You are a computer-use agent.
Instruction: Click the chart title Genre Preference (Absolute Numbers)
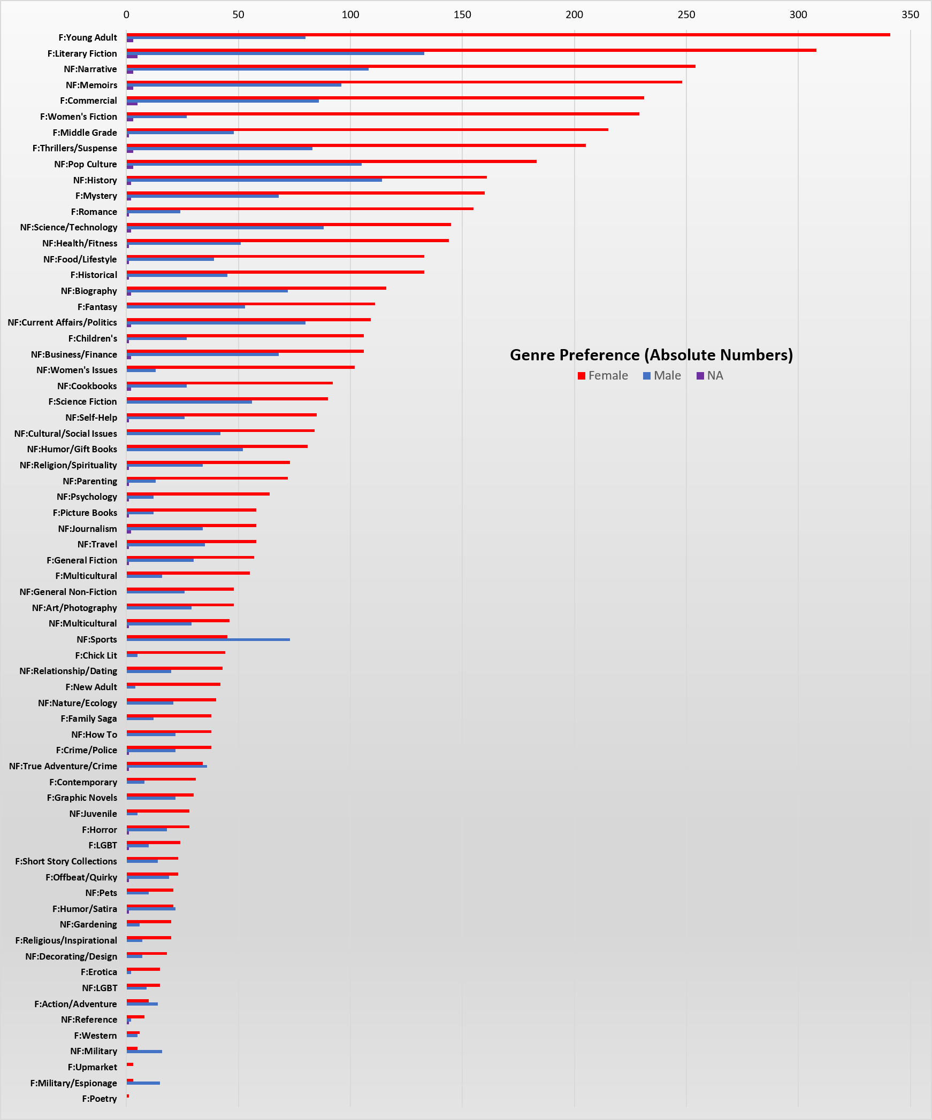[x=651, y=355]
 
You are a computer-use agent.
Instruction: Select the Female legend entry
[x=602, y=376]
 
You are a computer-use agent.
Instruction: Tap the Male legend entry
[x=662, y=376]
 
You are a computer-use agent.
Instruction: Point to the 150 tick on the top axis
[x=462, y=14]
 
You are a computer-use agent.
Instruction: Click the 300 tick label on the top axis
[x=798, y=14]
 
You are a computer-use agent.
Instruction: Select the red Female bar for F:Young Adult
[x=508, y=35]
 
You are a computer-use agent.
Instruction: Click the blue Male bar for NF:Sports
[x=208, y=639]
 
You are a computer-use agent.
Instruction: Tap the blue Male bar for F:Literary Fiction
[x=276, y=53]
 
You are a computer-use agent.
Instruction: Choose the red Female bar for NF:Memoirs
[x=404, y=82]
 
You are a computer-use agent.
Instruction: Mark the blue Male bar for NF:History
[x=254, y=180]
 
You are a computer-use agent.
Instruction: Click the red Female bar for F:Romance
[x=300, y=208]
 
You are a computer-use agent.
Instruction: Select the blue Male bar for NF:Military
[x=144, y=1052]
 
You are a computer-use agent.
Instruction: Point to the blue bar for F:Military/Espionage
[x=143, y=1083]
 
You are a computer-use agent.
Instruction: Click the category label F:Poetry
[x=99, y=1099]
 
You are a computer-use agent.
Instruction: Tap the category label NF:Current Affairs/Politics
[x=62, y=322]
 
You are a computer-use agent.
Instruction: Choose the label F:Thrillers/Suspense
[x=74, y=148]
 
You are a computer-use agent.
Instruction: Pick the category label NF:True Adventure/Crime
[x=63, y=766]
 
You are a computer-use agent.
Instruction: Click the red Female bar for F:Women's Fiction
[x=383, y=114]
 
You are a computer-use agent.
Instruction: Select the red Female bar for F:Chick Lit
[x=176, y=652]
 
